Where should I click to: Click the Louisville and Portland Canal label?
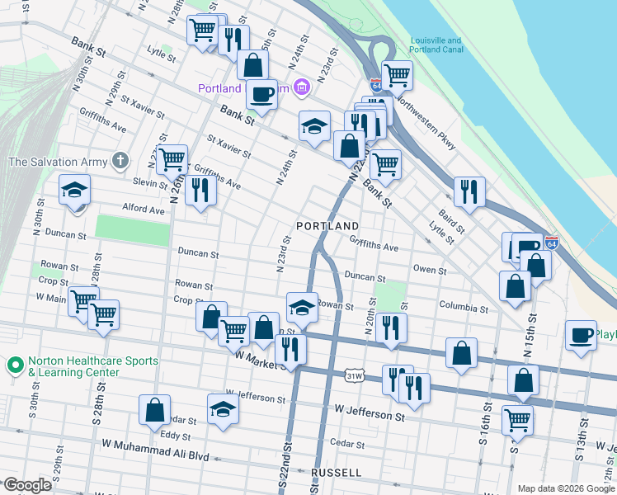point(436,45)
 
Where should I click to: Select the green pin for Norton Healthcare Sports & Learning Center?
point(14,364)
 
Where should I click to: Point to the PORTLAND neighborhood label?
point(327,226)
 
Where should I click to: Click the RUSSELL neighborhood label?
point(336,473)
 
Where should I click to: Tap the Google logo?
point(27,485)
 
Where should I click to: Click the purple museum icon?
point(302,87)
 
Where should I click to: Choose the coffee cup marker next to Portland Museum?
point(261,93)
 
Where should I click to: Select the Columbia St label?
point(464,308)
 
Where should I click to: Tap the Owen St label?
point(430,270)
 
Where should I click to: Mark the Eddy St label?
point(176,436)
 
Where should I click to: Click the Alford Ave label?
point(144,210)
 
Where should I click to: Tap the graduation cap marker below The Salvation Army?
point(74,191)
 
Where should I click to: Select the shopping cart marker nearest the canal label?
point(397,75)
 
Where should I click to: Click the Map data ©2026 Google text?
point(565,488)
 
